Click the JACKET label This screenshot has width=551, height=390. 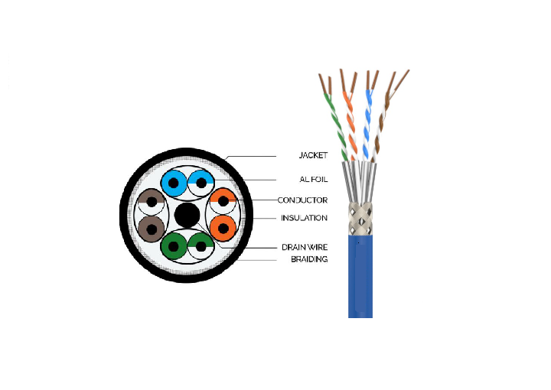point(312,155)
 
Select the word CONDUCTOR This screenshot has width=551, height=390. point(302,200)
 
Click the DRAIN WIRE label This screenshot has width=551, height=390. point(304,248)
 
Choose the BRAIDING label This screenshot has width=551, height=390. point(309,259)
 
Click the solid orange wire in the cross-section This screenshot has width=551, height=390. point(223,227)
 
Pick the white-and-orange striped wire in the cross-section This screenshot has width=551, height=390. point(223,202)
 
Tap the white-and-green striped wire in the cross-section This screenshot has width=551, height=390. point(200,246)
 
